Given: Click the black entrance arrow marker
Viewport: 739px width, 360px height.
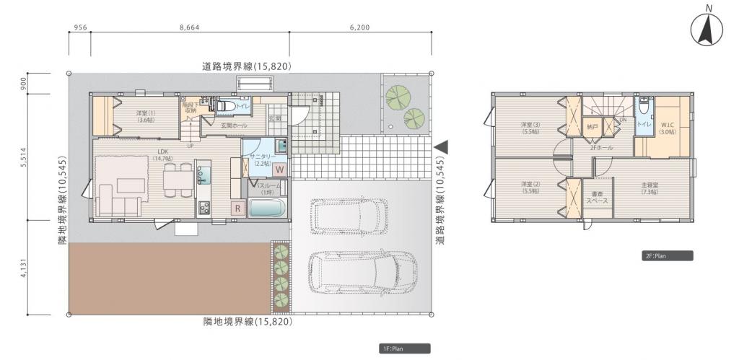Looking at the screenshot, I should (x=441, y=146).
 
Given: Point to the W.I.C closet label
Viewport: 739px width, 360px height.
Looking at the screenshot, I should (x=667, y=128).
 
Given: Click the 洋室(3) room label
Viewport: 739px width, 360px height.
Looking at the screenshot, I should (x=530, y=128).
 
